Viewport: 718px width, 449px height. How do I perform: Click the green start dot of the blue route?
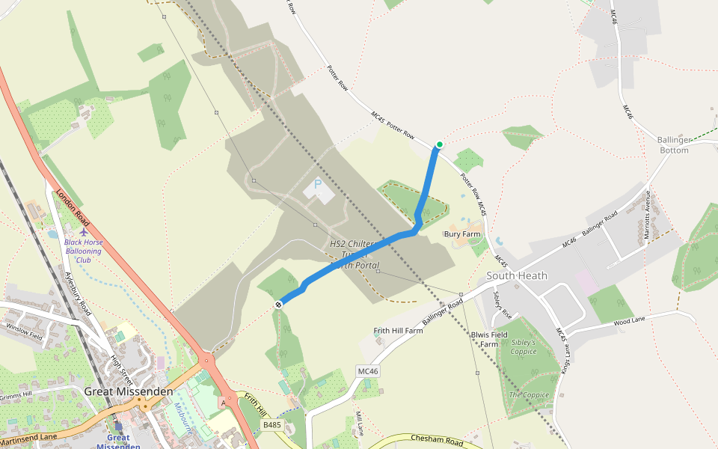439,144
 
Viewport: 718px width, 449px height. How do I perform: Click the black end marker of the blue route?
278,304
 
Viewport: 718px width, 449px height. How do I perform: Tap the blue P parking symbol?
318,183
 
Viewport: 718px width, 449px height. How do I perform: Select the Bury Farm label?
461,234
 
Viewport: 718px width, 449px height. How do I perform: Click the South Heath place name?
517,275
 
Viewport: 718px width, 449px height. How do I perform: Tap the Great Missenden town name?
129,391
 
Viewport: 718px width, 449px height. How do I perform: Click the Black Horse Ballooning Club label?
83,251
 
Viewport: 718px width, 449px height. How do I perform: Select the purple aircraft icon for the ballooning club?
83,233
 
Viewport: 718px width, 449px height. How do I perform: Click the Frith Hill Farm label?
399,330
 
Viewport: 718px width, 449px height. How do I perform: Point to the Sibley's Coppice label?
524,346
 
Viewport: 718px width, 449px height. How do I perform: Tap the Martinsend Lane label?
28,436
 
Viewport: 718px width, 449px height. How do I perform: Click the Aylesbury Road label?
77,292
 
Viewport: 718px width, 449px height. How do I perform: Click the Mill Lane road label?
359,422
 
